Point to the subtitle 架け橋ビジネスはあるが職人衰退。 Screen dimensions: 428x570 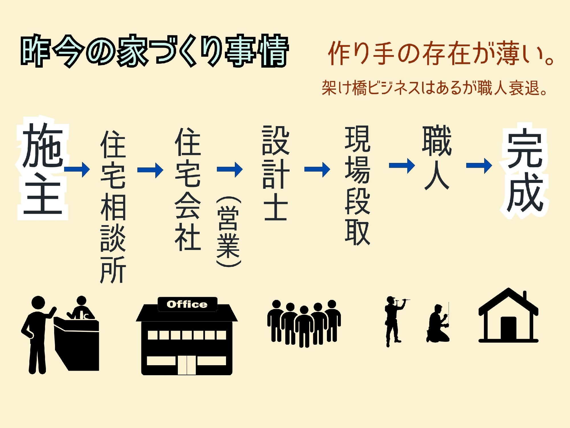point(434,88)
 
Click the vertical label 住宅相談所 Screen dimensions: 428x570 point(113,207)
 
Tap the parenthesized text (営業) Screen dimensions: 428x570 point(228,231)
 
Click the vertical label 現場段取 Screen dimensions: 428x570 point(357,185)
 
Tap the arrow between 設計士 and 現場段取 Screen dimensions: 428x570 point(317,169)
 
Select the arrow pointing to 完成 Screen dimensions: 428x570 point(479,165)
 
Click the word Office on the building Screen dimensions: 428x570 point(187,304)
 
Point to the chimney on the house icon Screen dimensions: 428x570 point(525,298)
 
